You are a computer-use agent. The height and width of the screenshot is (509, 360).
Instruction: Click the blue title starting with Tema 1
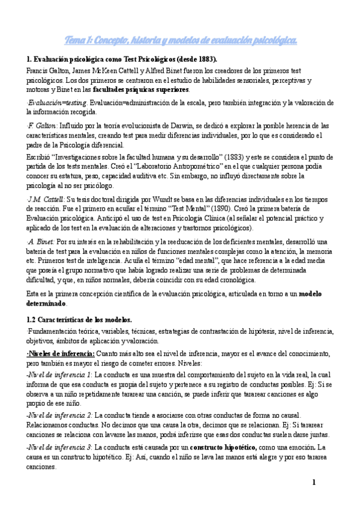180,40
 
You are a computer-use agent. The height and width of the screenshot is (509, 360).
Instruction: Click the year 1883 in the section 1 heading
203,59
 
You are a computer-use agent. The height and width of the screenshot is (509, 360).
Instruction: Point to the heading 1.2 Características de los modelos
79,320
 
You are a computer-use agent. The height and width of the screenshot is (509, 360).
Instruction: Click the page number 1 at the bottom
313,483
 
